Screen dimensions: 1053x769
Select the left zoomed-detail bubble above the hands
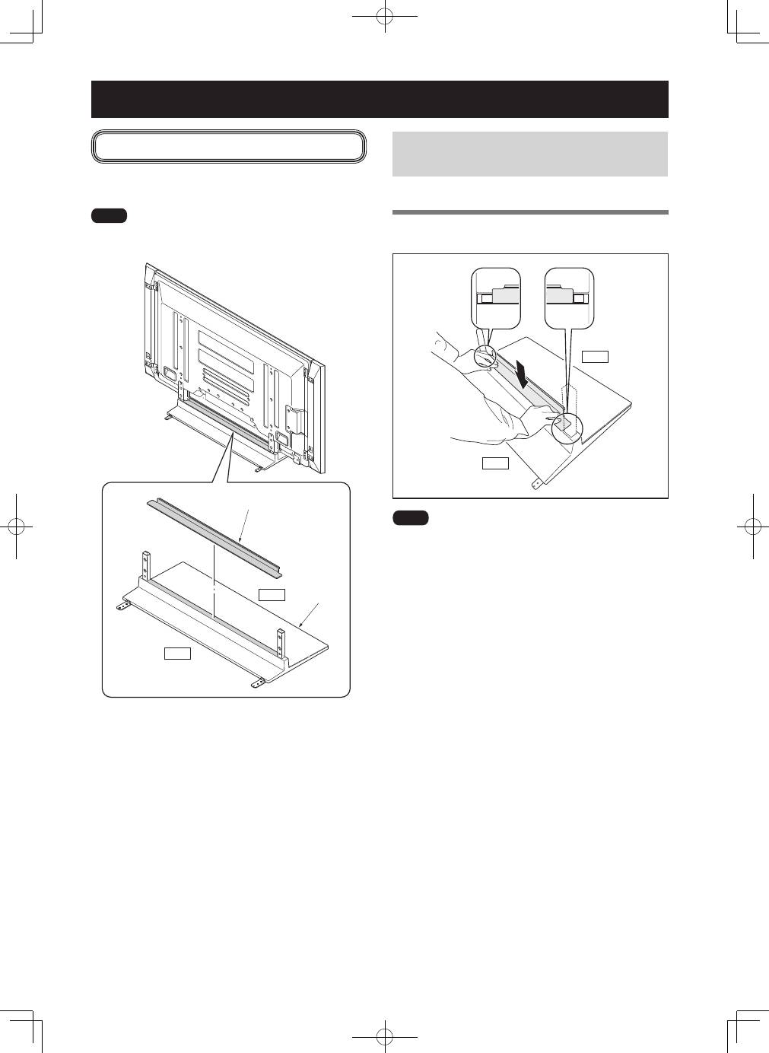pos(495,297)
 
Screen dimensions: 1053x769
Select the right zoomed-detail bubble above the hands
pos(570,297)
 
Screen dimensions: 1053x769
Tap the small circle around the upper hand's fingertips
pos(485,355)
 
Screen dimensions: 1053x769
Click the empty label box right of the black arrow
pos(595,356)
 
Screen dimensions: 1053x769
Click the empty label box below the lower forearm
pos(495,463)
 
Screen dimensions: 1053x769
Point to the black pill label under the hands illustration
pos(411,518)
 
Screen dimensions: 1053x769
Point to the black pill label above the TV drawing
pos(109,216)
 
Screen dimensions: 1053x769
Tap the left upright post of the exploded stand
pos(145,565)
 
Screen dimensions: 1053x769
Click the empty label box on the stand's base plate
pos(272,594)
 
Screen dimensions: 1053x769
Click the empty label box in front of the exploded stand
pos(177,652)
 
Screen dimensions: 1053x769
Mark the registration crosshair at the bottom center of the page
pos(386,1036)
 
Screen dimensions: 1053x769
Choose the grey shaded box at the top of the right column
pos(529,154)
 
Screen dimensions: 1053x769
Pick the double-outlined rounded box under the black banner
pos(228,146)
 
